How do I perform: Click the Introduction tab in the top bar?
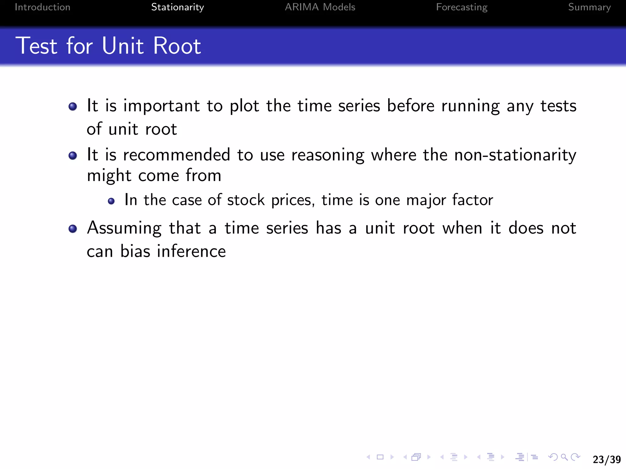tap(42, 7)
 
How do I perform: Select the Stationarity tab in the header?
tap(178, 7)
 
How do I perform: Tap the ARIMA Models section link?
tap(320, 7)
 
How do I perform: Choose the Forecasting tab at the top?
tap(462, 7)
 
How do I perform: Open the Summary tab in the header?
tap(589, 7)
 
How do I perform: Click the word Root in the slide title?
tap(177, 46)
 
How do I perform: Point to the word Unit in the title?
tap(123, 46)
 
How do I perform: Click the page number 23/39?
tap(607, 459)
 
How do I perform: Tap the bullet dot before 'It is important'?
tap(73, 106)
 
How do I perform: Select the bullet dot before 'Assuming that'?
tap(73, 228)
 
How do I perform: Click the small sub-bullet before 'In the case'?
tap(111, 201)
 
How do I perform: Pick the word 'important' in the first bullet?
tap(161, 106)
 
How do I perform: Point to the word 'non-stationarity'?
tap(515, 155)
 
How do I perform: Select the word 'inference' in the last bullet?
tap(191, 251)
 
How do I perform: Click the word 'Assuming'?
tap(124, 228)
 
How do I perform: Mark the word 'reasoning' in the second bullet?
tap(328, 155)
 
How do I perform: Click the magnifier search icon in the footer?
tap(564, 457)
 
